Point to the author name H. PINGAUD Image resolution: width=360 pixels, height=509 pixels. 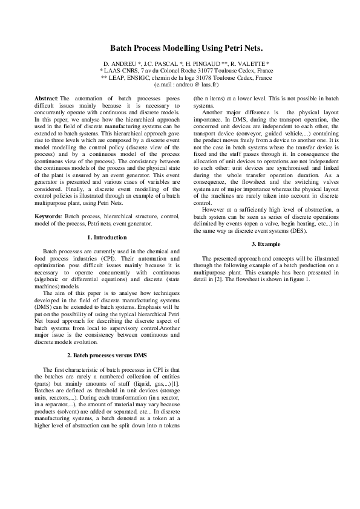click(202, 63)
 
